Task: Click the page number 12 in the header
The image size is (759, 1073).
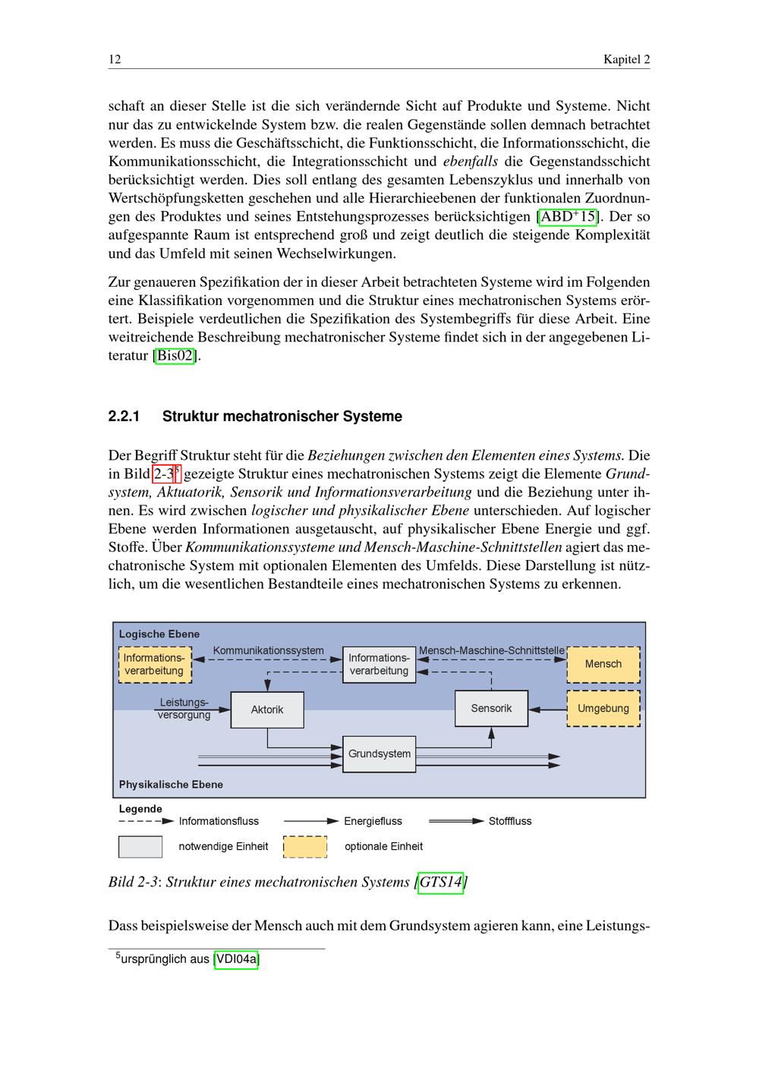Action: pos(115,59)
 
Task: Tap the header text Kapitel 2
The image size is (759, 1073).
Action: pos(626,59)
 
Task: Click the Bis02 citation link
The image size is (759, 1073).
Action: pos(175,355)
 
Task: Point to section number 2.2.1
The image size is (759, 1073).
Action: pos(124,417)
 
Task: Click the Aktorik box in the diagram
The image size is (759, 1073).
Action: pos(267,710)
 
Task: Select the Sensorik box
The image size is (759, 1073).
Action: pos(491,708)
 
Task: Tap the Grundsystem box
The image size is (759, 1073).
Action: pos(379,754)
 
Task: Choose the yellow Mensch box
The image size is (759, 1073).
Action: pos(603,664)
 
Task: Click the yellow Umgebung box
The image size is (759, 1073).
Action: pos(603,708)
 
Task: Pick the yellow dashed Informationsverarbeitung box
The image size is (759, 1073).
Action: pos(154,665)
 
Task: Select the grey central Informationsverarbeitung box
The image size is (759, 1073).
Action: pos(379,665)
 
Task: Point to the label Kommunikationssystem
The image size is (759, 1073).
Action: pos(269,650)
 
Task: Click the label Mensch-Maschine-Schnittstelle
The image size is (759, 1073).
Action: pos(492,650)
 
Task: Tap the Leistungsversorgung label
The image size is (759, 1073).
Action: pos(184,709)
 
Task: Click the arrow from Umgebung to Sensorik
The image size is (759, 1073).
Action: pos(548,709)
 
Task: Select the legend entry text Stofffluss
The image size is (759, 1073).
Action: pos(510,821)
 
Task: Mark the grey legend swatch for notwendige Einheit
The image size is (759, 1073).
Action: pos(140,846)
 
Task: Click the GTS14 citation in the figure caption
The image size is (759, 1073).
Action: pos(441,882)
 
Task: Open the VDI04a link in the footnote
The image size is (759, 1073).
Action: pos(237,959)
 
